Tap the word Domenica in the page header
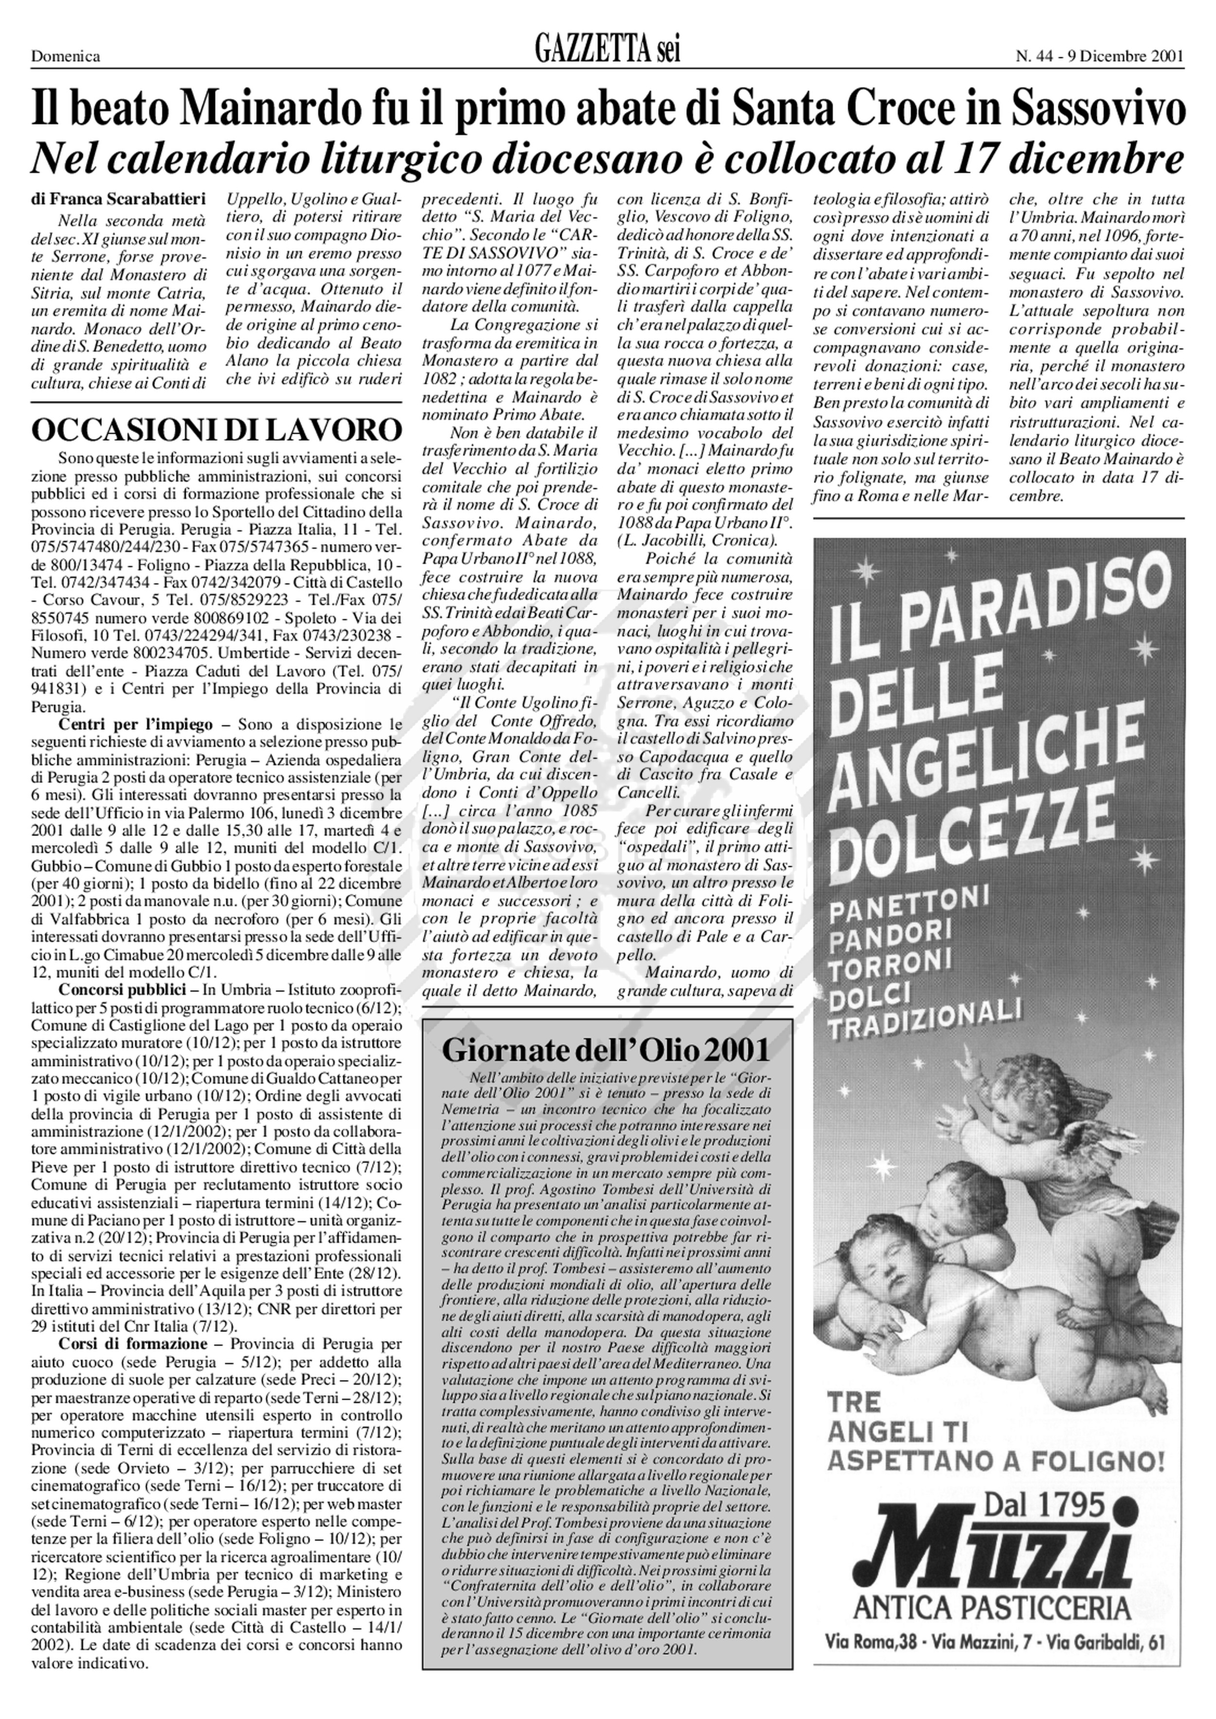click(x=66, y=56)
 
